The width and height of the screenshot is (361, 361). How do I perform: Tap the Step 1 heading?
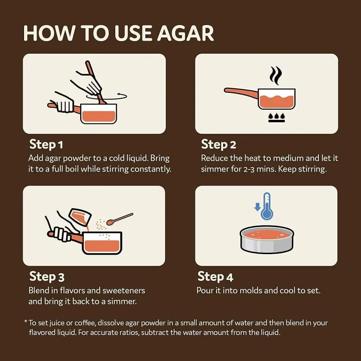click(x=46, y=144)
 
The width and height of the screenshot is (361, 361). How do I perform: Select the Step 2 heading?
click(x=218, y=144)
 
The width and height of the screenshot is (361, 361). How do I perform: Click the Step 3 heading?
click(x=47, y=276)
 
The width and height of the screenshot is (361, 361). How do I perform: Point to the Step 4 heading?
click(x=215, y=276)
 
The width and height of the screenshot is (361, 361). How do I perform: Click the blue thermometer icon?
click(x=267, y=206)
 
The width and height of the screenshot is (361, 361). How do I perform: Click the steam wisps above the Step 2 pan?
click(x=275, y=76)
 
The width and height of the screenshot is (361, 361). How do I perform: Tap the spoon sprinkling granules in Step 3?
click(x=121, y=219)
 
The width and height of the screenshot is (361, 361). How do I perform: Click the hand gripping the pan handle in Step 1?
click(x=64, y=105)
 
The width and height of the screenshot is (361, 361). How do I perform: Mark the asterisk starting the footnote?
click(x=26, y=322)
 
